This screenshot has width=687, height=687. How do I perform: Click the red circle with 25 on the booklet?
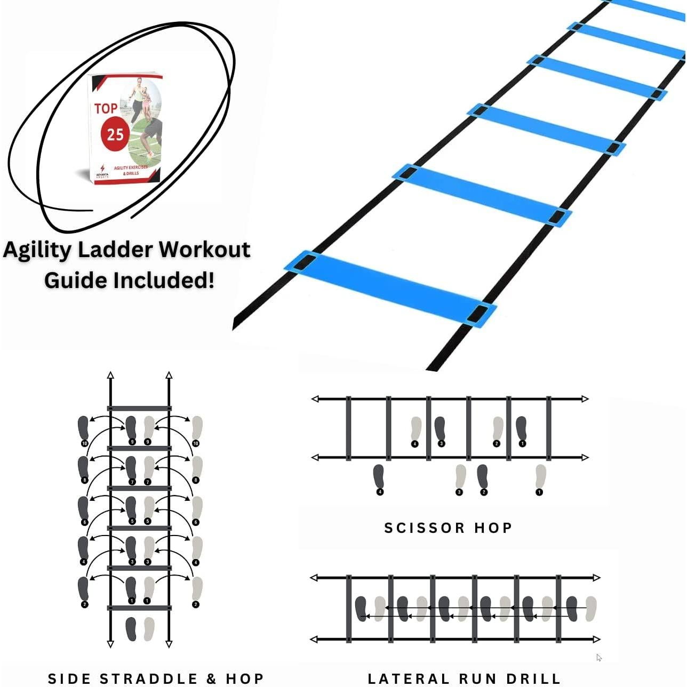tap(115, 134)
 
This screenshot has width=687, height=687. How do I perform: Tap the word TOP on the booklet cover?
tap(106, 108)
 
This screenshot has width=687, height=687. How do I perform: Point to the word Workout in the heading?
tap(205, 249)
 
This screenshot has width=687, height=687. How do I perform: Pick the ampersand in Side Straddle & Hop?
tap(212, 678)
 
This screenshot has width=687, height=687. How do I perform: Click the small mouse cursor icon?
tap(599, 658)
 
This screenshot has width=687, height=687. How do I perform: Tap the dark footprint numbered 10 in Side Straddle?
tap(83, 428)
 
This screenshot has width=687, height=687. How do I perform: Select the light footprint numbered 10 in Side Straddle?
tap(197, 428)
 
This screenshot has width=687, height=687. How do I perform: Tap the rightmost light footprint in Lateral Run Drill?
tap(590, 609)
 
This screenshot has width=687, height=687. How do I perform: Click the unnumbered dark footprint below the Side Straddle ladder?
tap(131, 629)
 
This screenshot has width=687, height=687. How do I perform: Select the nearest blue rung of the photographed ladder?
tap(390, 287)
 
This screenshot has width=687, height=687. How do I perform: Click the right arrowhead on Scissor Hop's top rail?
tap(585, 399)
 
